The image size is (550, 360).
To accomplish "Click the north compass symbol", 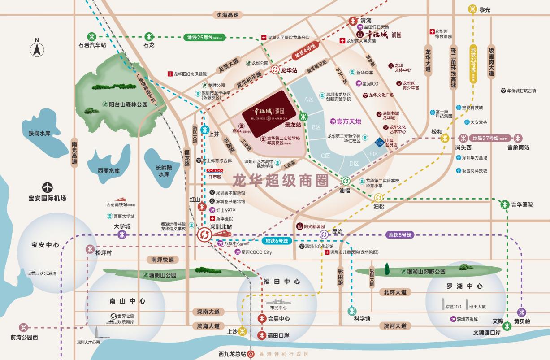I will click(37, 48).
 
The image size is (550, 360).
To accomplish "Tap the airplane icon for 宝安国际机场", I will click(47, 187).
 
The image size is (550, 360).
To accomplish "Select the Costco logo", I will click(215, 171).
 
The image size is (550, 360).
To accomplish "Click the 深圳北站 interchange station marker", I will click(204, 234).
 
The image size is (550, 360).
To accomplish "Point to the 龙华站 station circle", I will click(274, 70).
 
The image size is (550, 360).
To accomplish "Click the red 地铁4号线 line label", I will click(305, 51).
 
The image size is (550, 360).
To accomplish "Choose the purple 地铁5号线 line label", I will click(400, 234).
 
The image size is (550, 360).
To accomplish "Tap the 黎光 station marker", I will click(472, 9).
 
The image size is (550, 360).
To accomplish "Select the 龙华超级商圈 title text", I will click(281, 181).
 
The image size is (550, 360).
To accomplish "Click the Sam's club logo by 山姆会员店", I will click(379, 142).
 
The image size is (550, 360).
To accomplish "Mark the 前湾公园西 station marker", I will click(23, 327).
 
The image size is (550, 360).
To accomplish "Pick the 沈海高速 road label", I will click(228, 15).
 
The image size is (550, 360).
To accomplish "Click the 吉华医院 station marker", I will click(504, 204).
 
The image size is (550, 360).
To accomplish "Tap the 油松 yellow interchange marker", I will click(379, 198).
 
